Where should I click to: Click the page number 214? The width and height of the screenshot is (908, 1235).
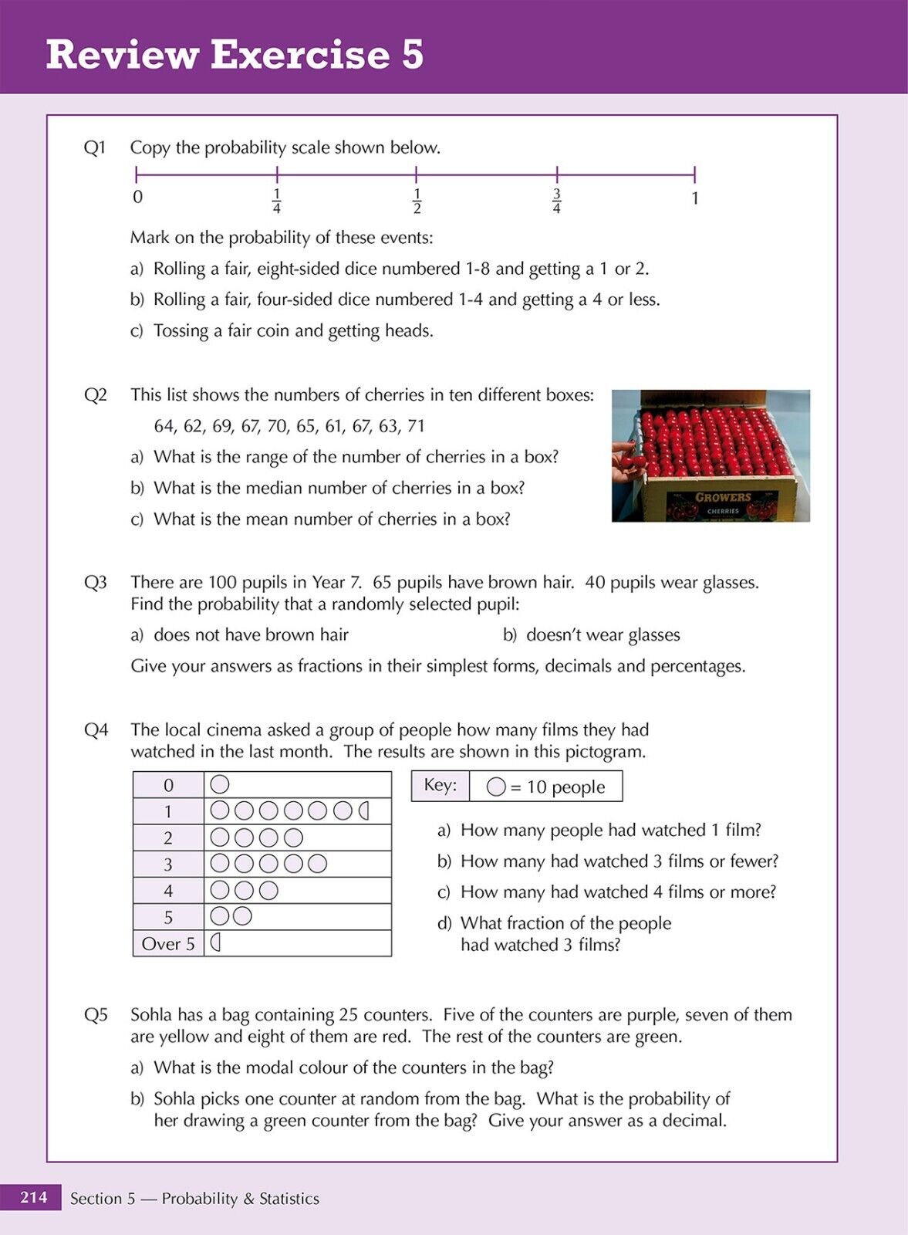coord(33,1197)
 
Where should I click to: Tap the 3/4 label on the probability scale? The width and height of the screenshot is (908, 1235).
coord(556,201)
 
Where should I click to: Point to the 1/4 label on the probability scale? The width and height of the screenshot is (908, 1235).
coord(277,201)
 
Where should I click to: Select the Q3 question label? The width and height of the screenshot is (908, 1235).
coord(95,582)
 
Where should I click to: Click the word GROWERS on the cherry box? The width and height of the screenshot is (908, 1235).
coord(722,498)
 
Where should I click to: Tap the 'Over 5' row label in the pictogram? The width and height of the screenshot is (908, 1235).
coord(168,943)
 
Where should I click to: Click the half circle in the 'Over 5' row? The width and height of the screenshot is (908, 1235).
coord(217,942)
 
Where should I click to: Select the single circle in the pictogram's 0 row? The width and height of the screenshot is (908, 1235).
coord(220,784)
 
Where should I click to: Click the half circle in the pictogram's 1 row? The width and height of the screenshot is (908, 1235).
coord(364,810)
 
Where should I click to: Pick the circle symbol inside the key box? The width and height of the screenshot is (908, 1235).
coord(496,787)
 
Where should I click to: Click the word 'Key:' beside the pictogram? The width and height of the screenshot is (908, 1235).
coord(440,785)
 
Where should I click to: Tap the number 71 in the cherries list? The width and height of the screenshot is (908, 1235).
coord(415,426)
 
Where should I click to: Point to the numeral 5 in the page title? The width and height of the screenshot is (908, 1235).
coord(412,55)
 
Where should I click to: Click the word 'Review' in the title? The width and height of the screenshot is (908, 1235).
coord(121,55)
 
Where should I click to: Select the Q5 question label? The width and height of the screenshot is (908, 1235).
coord(96,1014)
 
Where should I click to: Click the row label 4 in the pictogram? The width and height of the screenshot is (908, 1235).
coord(168,891)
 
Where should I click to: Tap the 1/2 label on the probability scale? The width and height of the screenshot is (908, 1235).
coord(417,201)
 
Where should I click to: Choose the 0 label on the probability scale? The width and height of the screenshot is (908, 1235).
coord(137,197)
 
